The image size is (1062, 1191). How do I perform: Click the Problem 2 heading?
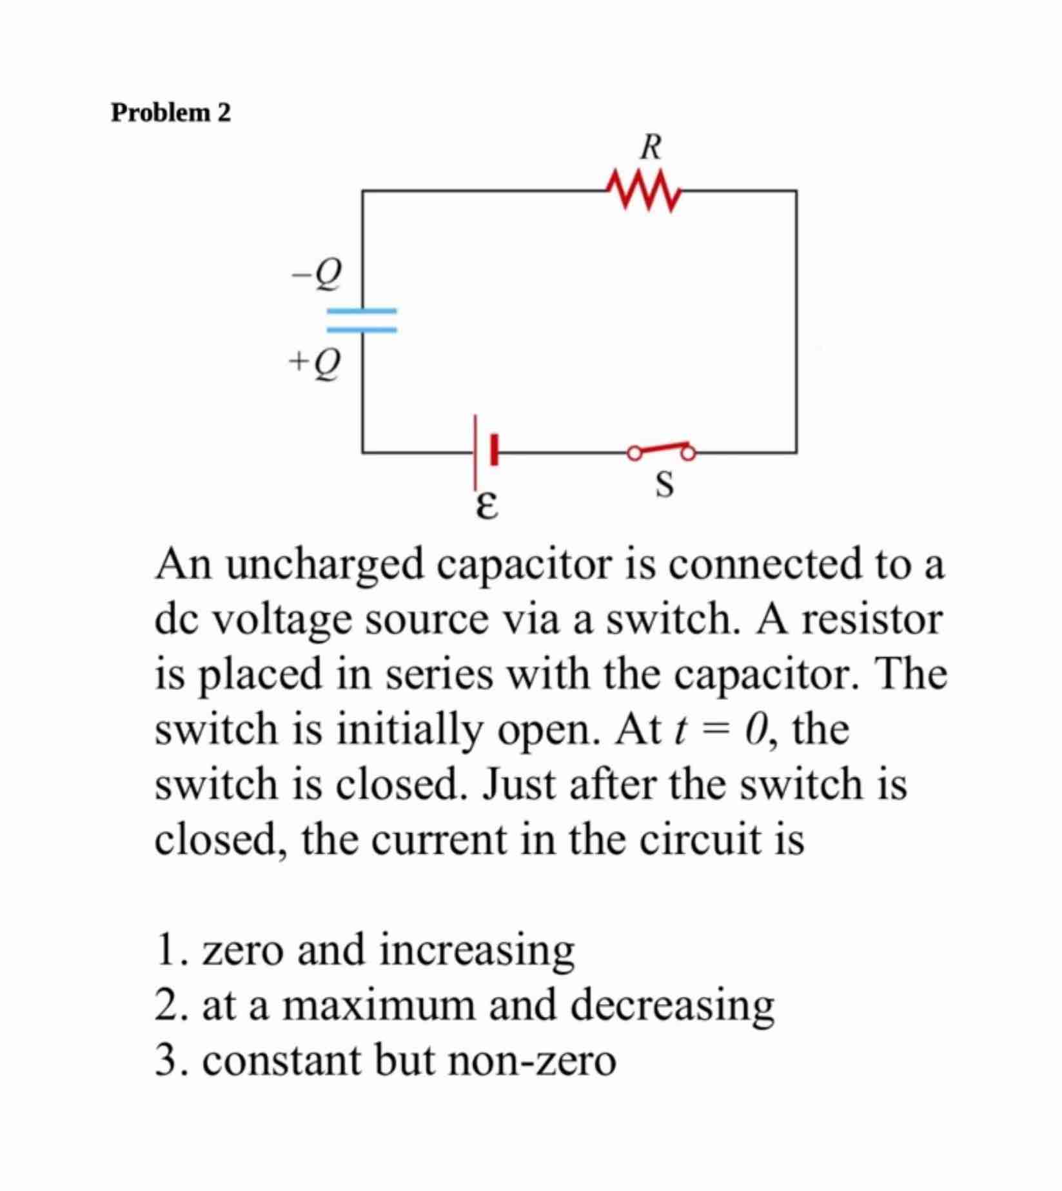coord(171,113)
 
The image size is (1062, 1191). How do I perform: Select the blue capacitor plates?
coord(361,320)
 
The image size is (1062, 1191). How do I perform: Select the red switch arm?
coord(662,448)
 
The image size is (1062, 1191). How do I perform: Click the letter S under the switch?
coord(664,484)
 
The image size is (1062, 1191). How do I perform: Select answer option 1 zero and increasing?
coord(365,950)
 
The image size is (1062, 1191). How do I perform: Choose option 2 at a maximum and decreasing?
coord(464,1005)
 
